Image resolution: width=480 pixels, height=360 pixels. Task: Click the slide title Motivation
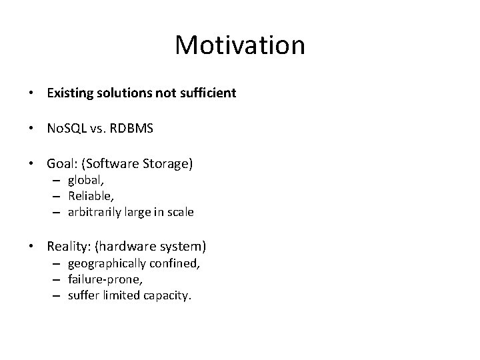240,45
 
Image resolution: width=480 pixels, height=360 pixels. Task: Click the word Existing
69,93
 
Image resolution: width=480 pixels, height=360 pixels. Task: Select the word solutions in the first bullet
122,93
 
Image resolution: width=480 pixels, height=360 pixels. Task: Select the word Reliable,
90,197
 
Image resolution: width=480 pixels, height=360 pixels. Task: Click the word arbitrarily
94,212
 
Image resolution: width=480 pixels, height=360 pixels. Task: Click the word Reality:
69,247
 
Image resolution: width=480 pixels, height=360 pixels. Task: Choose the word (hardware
125,247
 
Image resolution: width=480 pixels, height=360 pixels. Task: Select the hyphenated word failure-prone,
101,279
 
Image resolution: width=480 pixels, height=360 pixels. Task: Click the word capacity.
170,295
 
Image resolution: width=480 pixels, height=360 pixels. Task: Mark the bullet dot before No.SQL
33,128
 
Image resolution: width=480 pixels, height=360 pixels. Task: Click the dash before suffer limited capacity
59,295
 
